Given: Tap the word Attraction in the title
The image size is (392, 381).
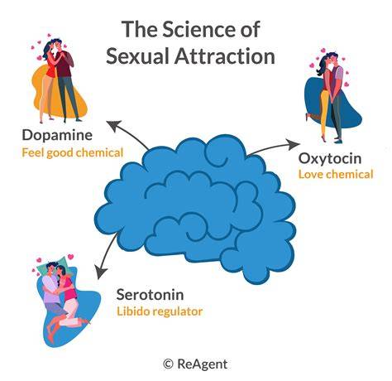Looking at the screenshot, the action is point(225,56).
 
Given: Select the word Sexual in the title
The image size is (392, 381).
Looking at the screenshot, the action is point(137,56).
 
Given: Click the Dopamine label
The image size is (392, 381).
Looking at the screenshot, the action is point(57,135).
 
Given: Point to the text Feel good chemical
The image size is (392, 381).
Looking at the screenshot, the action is point(73,152).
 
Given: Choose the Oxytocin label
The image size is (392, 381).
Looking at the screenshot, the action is point(330,159).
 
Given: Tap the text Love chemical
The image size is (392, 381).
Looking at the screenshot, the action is point(336,175).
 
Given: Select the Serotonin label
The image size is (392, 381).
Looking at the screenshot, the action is point(150,295).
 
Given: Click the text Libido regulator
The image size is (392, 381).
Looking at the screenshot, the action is point(160,311).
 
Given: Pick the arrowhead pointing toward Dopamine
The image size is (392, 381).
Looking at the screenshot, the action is point(113,126).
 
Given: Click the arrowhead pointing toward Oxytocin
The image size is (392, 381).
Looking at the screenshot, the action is point(293,145).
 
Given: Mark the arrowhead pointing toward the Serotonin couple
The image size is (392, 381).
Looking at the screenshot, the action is point(101,272).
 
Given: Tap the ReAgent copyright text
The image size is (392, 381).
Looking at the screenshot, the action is point(195,364).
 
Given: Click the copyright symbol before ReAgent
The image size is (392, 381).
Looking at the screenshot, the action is point(168,364).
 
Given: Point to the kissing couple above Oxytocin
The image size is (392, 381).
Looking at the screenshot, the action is point(329,97).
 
